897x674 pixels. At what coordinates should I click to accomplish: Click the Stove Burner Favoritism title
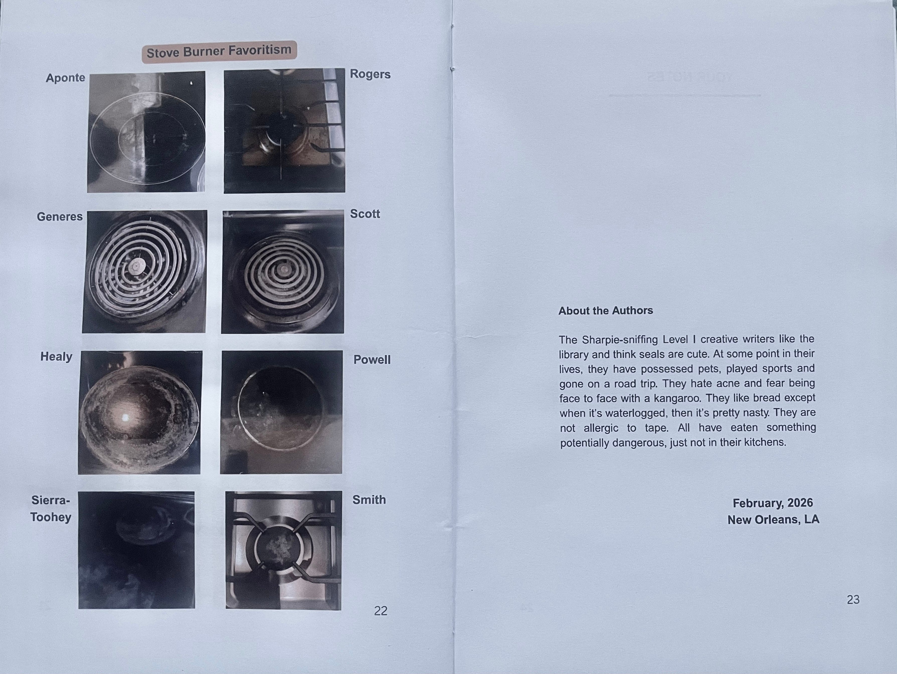click(x=219, y=51)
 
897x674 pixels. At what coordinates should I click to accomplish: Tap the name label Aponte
click(x=65, y=78)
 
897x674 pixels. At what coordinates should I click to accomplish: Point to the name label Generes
click(x=60, y=216)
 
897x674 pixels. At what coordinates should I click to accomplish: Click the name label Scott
click(x=365, y=214)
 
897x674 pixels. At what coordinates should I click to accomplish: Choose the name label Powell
click(x=372, y=359)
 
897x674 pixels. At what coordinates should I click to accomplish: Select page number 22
click(x=380, y=611)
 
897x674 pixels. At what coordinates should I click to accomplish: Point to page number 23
click(x=853, y=599)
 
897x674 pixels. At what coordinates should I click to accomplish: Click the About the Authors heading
click(x=605, y=311)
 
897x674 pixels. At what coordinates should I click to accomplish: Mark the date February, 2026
click(x=772, y=503)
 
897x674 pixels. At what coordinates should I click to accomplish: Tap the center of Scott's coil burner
click(x=284, y=269)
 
